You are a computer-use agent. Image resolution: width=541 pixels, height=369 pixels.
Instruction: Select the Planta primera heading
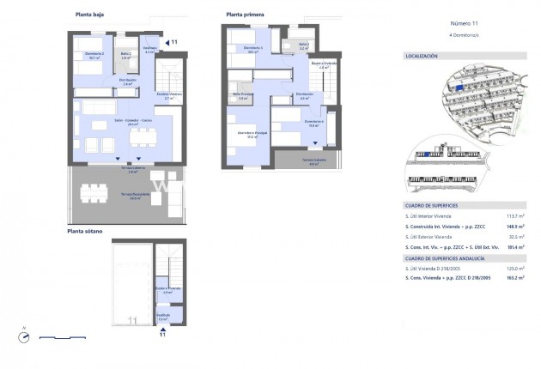pos(245,15)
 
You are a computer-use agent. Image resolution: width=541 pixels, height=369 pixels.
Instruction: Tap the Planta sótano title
pos(87,231)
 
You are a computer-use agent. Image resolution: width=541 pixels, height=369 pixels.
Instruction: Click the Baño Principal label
pos(244,96)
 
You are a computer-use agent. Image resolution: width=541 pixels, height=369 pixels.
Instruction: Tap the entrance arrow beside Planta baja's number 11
pos(167,41)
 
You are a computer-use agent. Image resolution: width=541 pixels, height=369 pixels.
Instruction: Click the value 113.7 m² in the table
pos(514,216)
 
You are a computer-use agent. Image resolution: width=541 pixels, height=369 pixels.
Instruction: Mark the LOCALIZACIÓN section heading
pos(421,56)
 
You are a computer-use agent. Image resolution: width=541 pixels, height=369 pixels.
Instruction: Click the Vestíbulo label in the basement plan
pos(162,316)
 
